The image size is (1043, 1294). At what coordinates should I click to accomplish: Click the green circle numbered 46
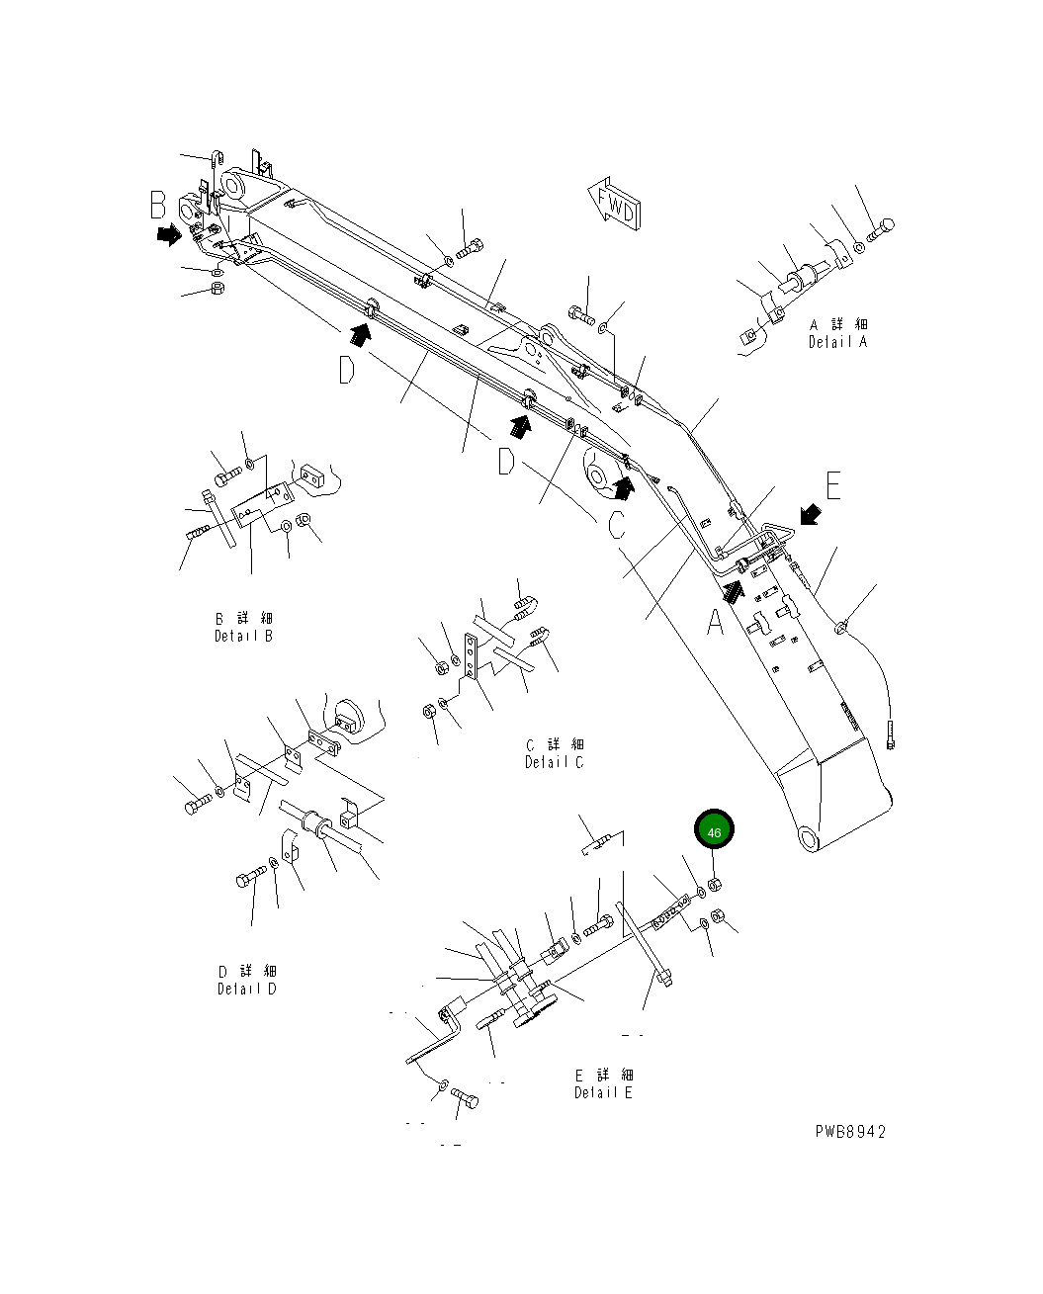[714, 831]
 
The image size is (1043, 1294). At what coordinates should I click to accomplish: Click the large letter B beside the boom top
[158, 206]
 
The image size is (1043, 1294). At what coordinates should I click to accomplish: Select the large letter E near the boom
[833, 486]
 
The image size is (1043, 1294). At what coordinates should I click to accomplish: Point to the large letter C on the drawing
[617, 524]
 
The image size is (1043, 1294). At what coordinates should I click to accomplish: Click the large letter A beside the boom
[714, 623]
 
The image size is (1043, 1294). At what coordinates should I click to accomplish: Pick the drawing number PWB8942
[850, 1131]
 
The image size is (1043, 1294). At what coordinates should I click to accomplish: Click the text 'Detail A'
[836, 342]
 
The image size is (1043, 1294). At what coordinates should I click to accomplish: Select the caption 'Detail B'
[243, 636]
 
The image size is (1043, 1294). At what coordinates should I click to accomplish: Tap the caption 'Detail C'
[554, 762]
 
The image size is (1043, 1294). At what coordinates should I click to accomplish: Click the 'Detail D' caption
[247, 989]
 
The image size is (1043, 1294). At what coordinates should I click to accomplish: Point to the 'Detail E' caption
[603, 1092]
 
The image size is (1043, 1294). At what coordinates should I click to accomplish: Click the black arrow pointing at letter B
[167, 234]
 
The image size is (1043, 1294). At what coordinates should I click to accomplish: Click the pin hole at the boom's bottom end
[808, 839]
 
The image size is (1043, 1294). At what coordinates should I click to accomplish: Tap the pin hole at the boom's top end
[233, 185]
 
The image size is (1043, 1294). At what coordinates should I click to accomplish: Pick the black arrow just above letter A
[734, 590]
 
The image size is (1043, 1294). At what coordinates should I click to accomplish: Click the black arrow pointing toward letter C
[623, 487]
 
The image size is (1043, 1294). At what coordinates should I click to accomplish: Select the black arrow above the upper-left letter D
[361, 336]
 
